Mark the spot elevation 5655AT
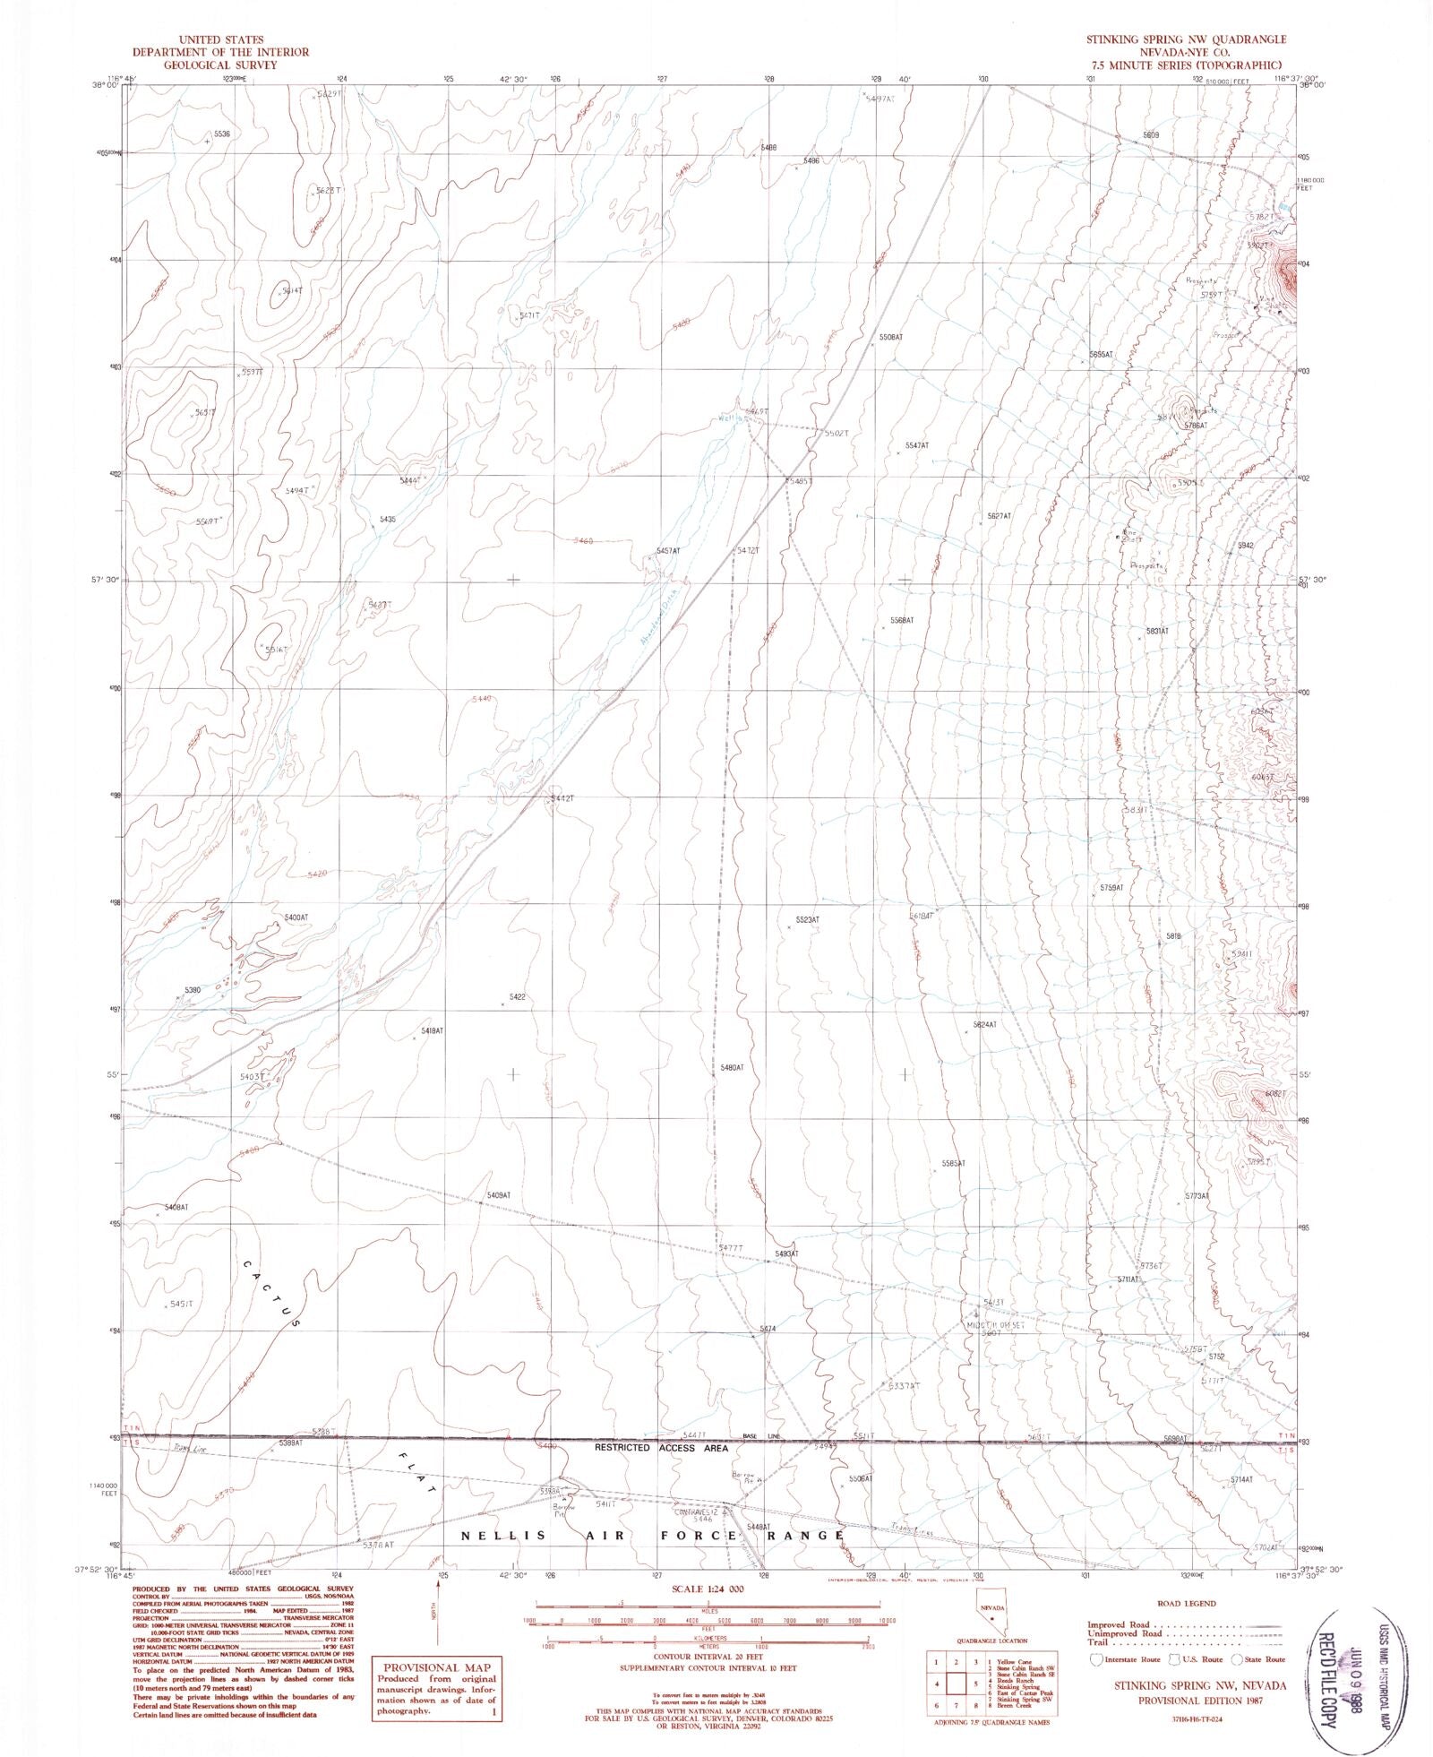pos(1101,355)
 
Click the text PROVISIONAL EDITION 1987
pos(1188,1695)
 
